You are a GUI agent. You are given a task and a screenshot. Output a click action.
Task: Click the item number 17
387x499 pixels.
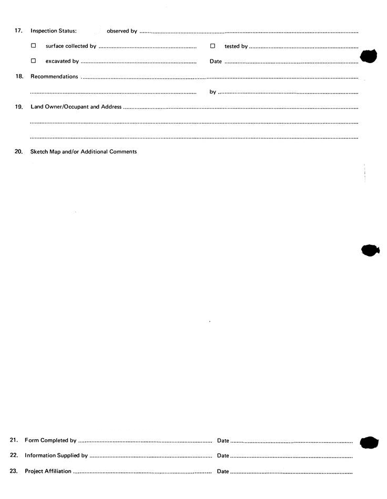pyautogui.click(x=18, y=31)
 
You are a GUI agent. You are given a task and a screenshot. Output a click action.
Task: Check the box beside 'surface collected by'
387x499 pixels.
pyautogui.click(x=34, y=46)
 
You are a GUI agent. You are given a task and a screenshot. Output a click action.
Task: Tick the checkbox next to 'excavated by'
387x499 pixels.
pyautogui.click(x=34, y=61)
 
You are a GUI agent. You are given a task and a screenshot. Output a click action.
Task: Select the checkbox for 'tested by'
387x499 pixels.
pyautogui.click(x=212, y=46)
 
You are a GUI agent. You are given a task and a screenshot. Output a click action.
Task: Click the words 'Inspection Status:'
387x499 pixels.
pyautogui.click(x=54, y=31)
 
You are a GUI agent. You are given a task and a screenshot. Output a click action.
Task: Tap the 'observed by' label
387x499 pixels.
pyautogui.click(x=122, y=31)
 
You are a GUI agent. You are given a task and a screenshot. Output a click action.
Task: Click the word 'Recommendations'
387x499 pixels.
pyautogui.click(x=54, y=77)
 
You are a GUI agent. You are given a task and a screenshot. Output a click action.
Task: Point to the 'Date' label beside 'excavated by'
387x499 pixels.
pyautogui.click(x=216, y=61)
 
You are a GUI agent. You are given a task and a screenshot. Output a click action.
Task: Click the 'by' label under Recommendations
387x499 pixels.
pyautogui.click(x=212, y=92)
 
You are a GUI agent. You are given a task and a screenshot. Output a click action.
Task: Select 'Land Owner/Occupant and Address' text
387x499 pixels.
pyautogui.click(x=76, y=107)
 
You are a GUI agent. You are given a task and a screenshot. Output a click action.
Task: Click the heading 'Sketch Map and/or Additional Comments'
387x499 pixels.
pyautogui.click(x=84, y=152)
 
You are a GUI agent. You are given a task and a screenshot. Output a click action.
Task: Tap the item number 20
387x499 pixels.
pyautogui.click(x=18, y=152)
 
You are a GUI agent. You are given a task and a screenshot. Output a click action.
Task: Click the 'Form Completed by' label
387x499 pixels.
pyautogui.click(x=50, y=440)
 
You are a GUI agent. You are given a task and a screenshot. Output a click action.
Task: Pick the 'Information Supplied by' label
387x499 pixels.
pyautogui.click(x=56, y=455)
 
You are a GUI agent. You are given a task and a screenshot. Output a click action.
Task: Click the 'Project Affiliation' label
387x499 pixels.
pyautogui.click(x=48, y=471)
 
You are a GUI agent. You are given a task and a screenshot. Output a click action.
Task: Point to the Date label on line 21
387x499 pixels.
pyautogui.click(x=223, y=440)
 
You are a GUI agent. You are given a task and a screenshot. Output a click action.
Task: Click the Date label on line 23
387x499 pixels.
pyautogui.click(x=223, y=471)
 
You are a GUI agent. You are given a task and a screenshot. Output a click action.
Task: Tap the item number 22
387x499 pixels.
pyautogui.click(x=14, y=455)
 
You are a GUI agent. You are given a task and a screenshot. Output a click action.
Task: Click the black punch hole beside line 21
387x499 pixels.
pyautogui.click(x=369, y=442)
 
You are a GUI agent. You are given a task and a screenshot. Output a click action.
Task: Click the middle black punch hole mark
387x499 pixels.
pyautogui.click(x=370, y=250)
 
